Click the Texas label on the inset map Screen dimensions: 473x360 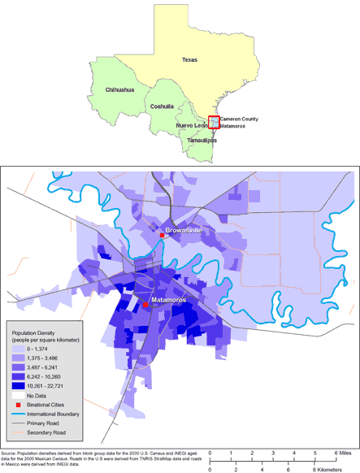189,60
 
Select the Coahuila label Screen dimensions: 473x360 163,106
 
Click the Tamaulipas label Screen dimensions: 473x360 202,140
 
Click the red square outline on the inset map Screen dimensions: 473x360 214,122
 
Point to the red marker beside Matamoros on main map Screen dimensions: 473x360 145,304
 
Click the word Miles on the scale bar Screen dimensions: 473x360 345,452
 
